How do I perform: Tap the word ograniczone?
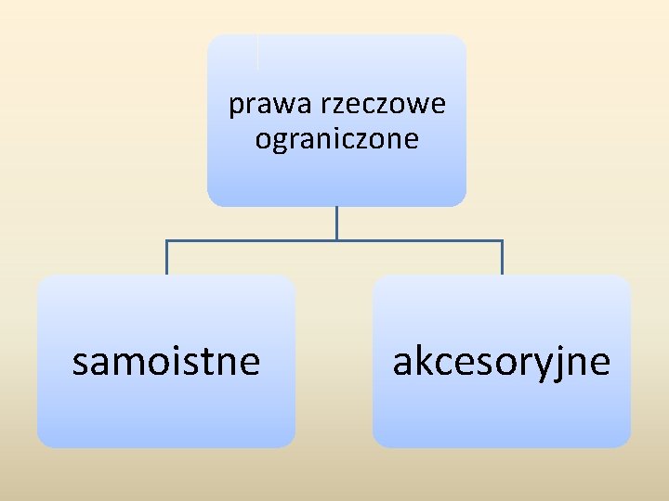pyautogui.click(x=336, y=140)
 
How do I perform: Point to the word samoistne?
pyautogui.click(x=166, y=361)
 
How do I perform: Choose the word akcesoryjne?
pyautogui.click(x=502, y=361)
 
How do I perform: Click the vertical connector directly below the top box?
pyautogui.click(x=336, y=223)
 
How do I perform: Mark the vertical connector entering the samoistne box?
pyautogui.click(x=167, y=258)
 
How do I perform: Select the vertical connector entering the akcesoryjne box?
pyautogui.click(x=502, y=258)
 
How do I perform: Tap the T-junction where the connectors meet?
pyautogui.click(x=336, y=241)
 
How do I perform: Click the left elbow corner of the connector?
pyautogui.click(x=167, y=241)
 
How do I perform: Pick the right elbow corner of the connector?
pyautogui.click(x=502, y=241)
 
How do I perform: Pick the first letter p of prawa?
pyautogui.click(x=235, y=108)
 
